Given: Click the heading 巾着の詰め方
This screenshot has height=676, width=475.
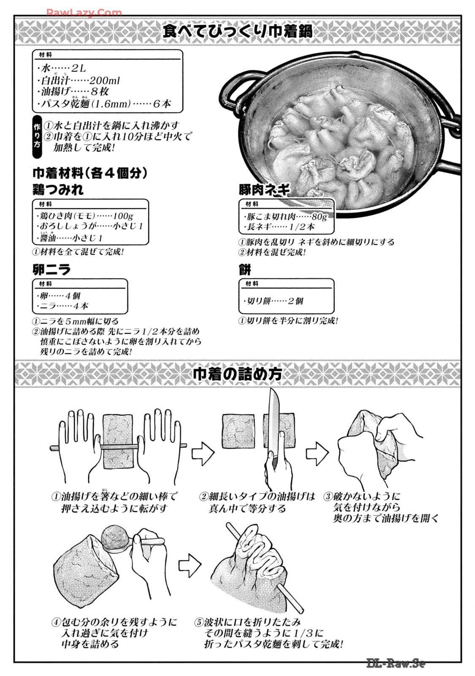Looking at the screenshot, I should coord(237,373).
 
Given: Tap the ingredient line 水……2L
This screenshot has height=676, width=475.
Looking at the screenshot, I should coord(61,68).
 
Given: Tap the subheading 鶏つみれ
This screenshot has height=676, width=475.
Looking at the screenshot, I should coord(58,190).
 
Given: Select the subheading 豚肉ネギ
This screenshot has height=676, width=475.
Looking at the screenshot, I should coord(264,190).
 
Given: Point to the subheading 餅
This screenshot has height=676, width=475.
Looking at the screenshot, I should coord(244,269).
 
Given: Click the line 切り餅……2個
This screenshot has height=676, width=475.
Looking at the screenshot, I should coord(273,301).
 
